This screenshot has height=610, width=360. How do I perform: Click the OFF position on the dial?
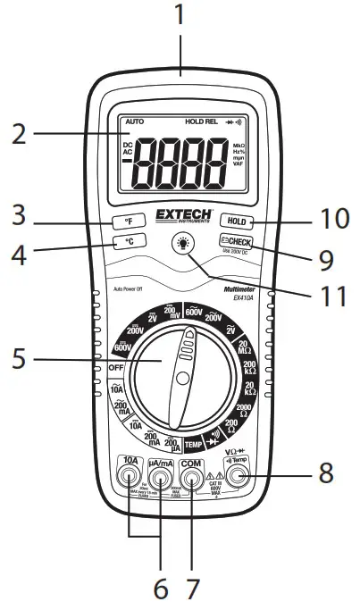tap(115, 368)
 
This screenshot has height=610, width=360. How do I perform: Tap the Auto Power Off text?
tap(131, 288)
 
